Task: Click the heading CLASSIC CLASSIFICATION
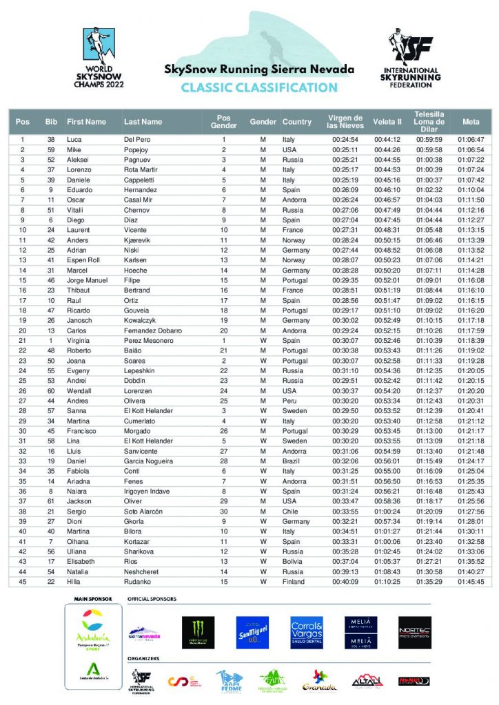click(x=259, y=87)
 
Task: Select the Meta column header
click(x=471, y=122)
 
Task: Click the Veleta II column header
click(x=387, y=122)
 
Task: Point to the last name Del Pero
click(x=138, y=140)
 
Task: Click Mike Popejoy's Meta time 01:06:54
click(x=471, y=149)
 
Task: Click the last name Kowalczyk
click(x=143, y=321)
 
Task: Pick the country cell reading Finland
click(x=294, y=582)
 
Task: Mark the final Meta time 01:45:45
click(x=471, y=582)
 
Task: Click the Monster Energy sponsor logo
click(x=198, y=632)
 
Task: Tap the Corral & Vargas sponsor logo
click(x=307, y=632)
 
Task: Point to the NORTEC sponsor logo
click(x=415, y=632)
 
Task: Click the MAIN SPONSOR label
click(x=89, y=600)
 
